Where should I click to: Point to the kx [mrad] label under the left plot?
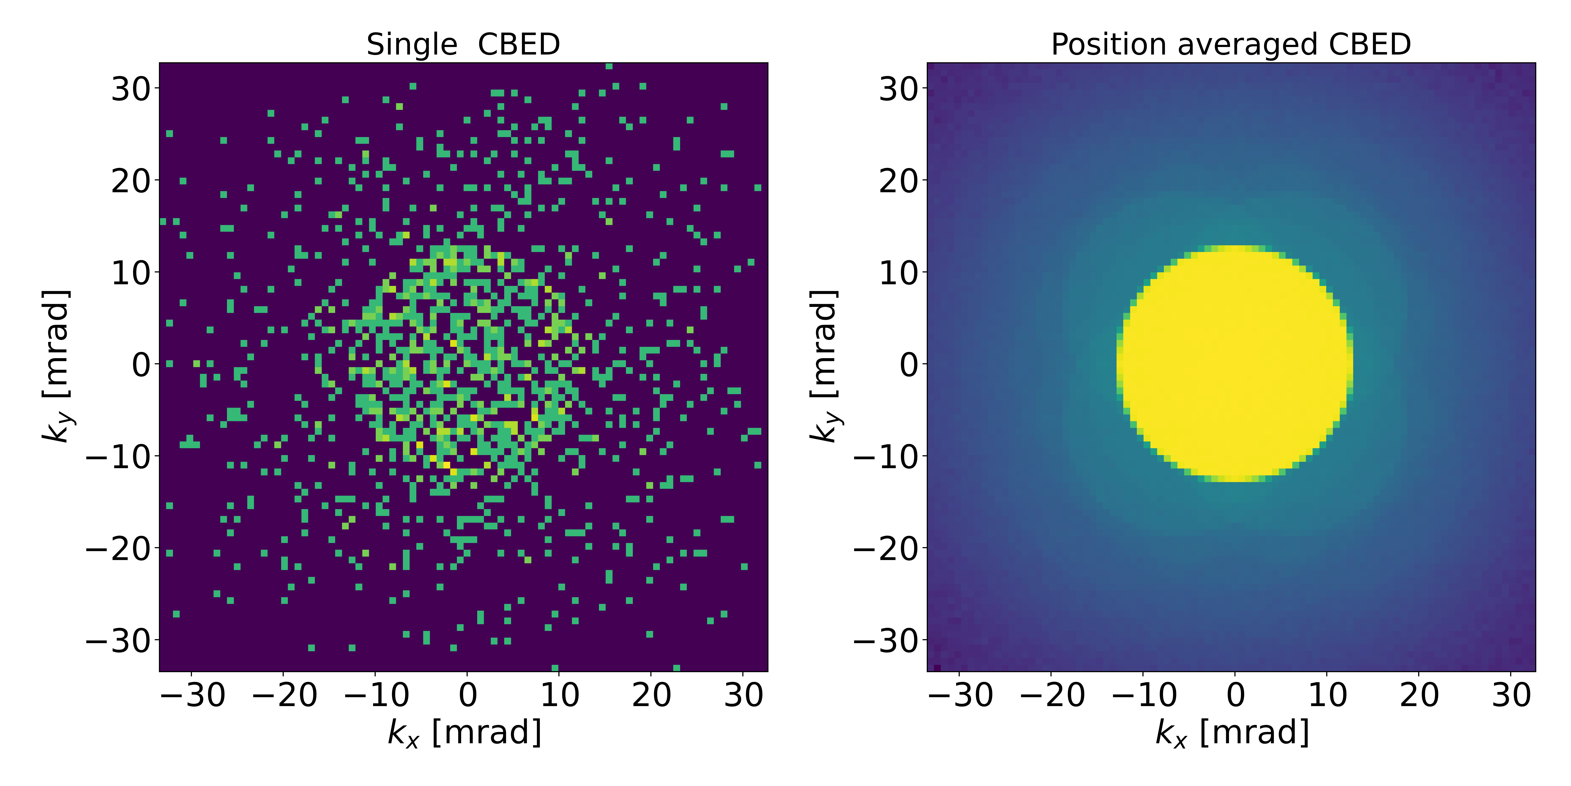click(465, 732)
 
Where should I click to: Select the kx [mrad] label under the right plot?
click(1233, 732)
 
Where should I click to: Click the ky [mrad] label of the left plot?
click(56, 365)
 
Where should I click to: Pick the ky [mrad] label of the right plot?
click(824, 365)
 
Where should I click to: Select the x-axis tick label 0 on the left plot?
click(468, 695)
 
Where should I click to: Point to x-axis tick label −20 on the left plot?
click(284, 695)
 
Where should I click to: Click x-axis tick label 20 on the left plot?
click(651, 695)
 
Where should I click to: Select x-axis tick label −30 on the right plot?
click(960, 695)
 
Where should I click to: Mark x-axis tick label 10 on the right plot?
click(1327, 695)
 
